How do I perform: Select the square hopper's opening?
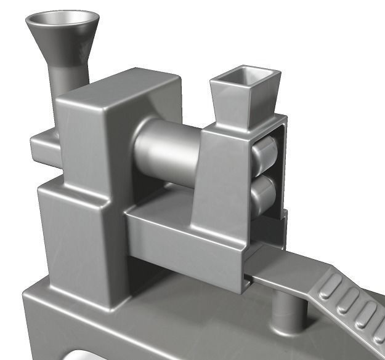pyautogui.click(x=245, y=76)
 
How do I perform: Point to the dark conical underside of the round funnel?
pyautogui.click(x=62, y=49)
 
